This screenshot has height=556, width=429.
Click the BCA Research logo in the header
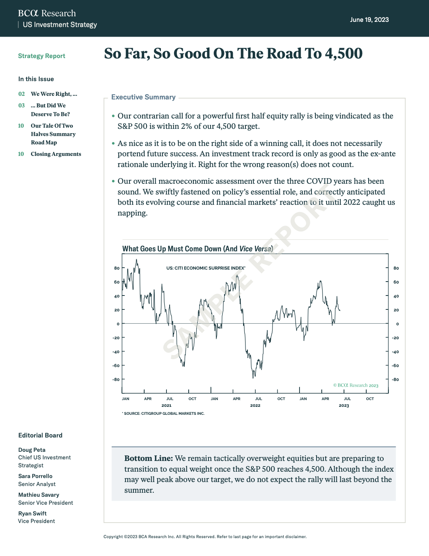pyautogui.click(x=47, y=14)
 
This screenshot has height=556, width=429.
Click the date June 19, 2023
pyautogui.click(x=369, y=20)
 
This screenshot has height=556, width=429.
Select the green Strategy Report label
pyautogui.click(x=42, y=56)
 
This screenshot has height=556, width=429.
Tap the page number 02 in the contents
pyautogui.click(x=21, y=94)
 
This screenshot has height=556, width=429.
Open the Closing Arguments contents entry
pyautogui.click(x=56, y=154)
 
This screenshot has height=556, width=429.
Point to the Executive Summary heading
pyautogui.click(x=143, y=97)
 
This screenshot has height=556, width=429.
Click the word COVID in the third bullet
pyautogui.click(x=319, y=181)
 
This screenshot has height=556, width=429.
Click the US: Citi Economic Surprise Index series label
pyautogui.click(x=205, y=268)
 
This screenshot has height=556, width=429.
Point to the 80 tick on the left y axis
pyautogui.click(x=117, y=268)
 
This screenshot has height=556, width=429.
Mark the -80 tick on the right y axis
pyautogui.click(x=395, y=379)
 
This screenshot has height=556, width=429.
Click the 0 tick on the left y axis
pyautogui.click(x=118, y=324)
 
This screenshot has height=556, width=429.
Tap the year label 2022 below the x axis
pyautogui.click(x=255, y=406)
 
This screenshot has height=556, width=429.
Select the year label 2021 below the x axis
pyautogui.click(x=166, y=406)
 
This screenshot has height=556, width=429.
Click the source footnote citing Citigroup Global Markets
pyautogui.click(x=164, y=414)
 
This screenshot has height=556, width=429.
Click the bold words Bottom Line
pyautogui.click(x=148, y=459)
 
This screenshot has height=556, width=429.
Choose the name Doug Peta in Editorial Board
pyautogui.click(x=32, y=450)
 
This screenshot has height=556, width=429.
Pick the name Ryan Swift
pyautogui.click(x=32, y=513)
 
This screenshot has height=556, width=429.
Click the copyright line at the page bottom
pyautogui.click(x=205, y=537)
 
